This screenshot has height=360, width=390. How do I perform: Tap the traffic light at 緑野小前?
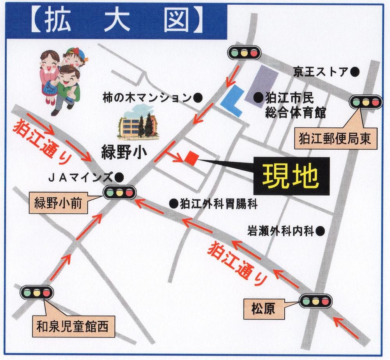(119, 192)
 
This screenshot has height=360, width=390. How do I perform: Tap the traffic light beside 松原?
(315, 300)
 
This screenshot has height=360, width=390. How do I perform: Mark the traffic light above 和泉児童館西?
(36, 291)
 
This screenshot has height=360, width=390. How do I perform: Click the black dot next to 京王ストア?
(355, 71)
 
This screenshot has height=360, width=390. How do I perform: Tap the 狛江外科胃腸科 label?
(218, 203)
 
